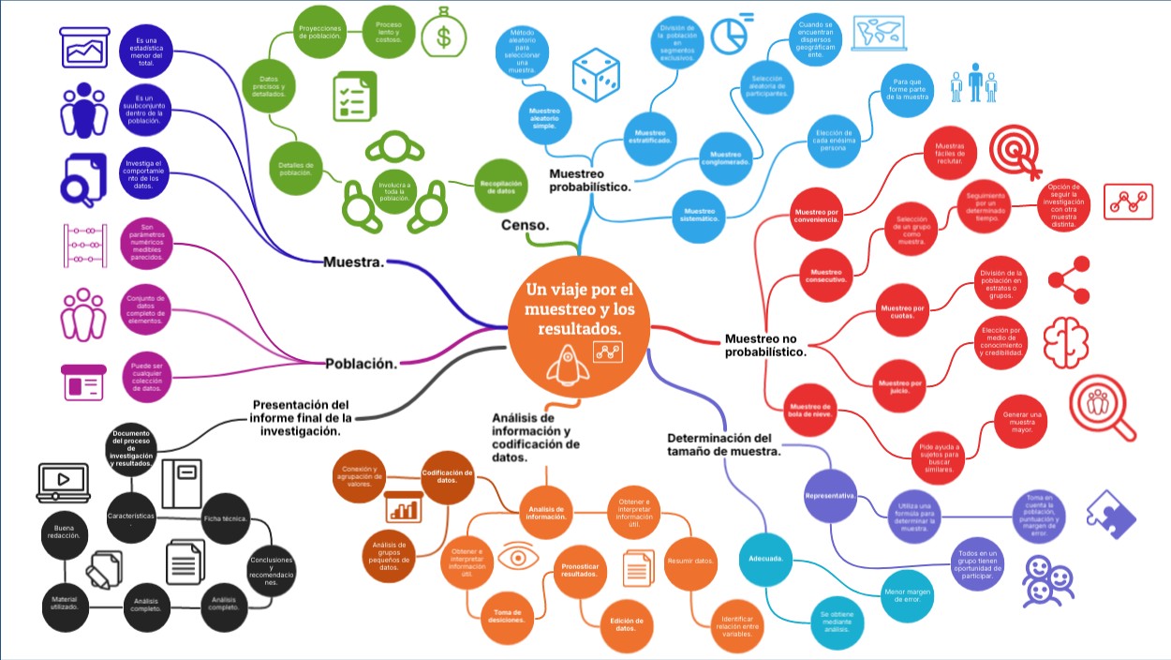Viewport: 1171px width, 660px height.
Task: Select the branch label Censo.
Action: coord(526,225)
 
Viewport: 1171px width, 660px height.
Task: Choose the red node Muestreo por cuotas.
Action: coord(900,310)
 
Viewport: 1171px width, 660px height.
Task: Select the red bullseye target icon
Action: coord(1018,151)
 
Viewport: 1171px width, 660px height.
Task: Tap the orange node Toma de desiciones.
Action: coord(510,615)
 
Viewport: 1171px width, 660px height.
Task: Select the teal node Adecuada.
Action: coord(765,559)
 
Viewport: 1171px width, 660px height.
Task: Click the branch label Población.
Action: coord(361,364)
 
